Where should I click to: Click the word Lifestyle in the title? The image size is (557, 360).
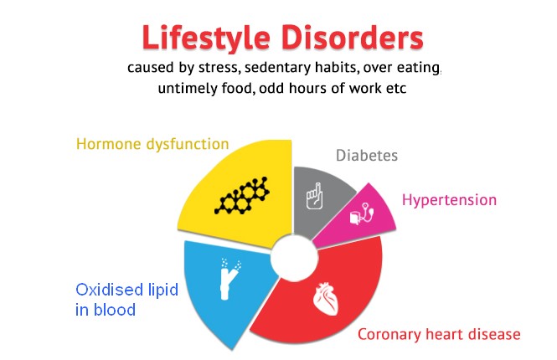206,38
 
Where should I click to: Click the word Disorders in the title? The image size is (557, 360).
352,38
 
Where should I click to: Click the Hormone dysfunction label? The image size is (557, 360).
152,144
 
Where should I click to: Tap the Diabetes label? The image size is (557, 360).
367,156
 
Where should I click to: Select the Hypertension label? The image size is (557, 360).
449,200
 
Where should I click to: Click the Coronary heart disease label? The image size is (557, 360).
439,334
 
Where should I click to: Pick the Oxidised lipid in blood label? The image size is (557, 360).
126,300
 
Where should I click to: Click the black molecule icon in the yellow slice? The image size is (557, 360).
241,196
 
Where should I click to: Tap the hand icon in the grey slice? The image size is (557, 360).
315,196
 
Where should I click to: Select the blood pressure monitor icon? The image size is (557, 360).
362,213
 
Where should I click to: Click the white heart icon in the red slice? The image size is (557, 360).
326,298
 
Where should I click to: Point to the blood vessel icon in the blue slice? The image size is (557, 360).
230,279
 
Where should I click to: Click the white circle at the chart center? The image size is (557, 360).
294,257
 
